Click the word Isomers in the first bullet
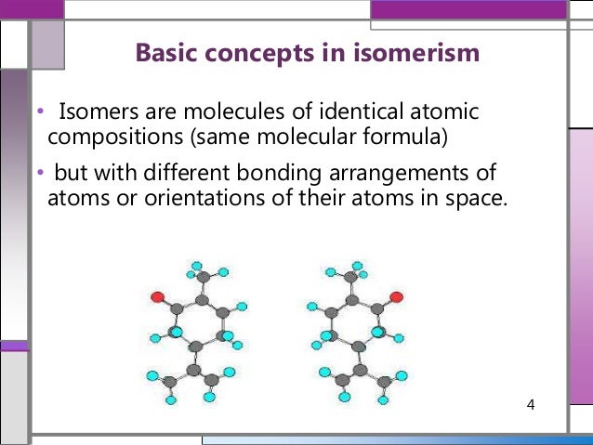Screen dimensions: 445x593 coord(94,113)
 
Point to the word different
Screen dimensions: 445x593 coord(165,173)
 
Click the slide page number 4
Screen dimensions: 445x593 coord(531,405)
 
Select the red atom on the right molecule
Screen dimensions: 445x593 coord(396,297)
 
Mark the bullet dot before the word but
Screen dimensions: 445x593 coord(40,174)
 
